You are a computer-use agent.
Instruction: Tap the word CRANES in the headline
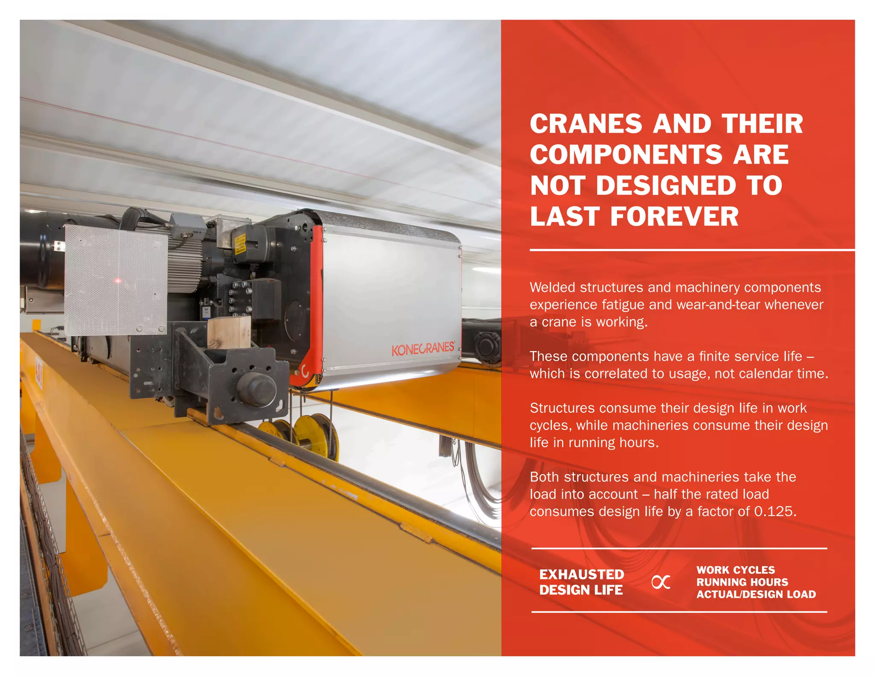click(x=586, y=124)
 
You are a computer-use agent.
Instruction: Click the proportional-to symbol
click(x=661, y=582)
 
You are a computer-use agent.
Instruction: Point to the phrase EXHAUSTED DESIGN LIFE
click(x=581, y=582)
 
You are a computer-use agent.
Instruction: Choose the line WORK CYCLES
click(x=735, y=570)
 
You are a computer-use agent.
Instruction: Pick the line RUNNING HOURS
click(x=742, y=582)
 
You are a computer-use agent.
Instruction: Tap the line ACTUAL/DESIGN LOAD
click(x=756, y=594)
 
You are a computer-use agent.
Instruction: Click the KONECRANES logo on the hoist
click(x=423, y=349)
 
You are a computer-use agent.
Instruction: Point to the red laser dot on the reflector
click(x=117, y=281)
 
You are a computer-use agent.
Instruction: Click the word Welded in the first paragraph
click(x=552, y=288)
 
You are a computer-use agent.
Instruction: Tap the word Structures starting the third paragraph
click(x=562, y=408)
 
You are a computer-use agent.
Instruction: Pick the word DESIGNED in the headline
click(x=666, y=186)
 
